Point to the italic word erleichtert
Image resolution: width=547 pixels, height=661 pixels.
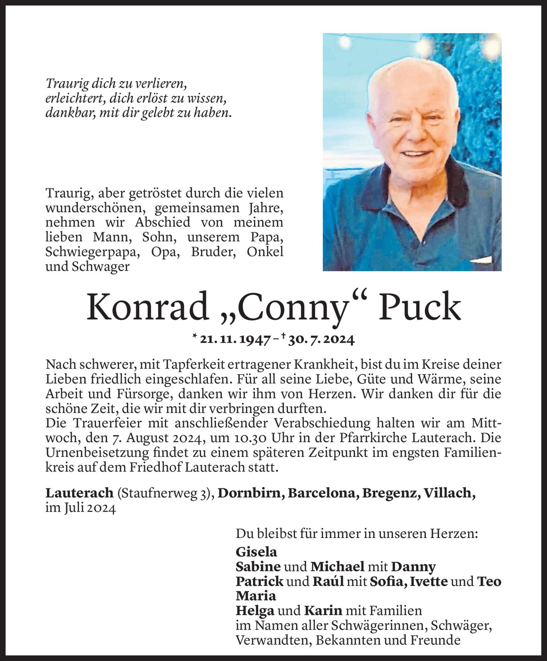click(75, 99)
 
